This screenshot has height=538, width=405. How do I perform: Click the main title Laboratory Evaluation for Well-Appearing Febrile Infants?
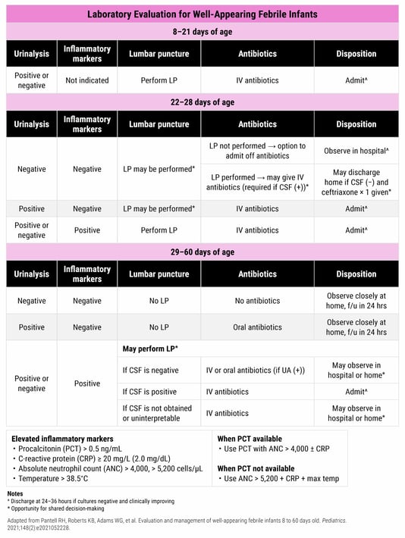tap(202, 14)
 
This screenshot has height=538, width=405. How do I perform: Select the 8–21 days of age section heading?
tap(202, 31)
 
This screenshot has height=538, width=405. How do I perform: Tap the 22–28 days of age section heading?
tap(202, 102)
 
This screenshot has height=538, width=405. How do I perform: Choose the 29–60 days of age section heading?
tap(202, 252)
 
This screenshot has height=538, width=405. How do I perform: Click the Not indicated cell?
tap(87, 80)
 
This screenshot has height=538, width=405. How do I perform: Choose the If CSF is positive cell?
tap(151, 391)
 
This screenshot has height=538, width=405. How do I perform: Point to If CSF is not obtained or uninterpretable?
tap(156, 414)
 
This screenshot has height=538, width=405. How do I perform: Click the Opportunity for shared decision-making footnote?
tap(61, 508)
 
